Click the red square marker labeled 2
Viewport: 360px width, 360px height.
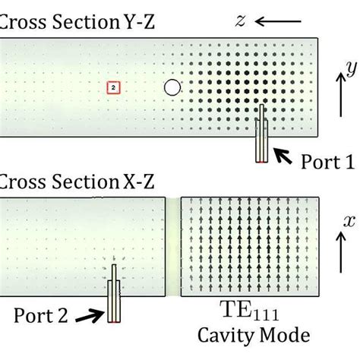(x=112, y=88)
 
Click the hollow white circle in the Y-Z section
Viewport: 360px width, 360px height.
(x=172, y=88)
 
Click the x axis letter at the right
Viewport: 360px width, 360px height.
(x=350, y=221)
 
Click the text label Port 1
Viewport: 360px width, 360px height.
(x=327, y=162)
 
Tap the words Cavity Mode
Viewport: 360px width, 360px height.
(x=245, y=335)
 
